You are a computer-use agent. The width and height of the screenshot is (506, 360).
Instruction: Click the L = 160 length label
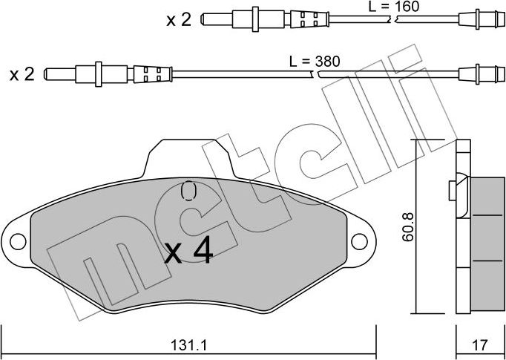click(394, 7)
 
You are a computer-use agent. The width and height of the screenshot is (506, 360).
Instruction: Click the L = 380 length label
click(314, 62)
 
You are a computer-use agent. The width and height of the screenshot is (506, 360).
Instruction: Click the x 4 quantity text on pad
click(188, 254)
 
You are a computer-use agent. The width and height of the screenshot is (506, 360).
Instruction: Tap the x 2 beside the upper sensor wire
click(178, 20)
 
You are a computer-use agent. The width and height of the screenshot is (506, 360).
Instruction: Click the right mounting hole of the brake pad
click(360, 240)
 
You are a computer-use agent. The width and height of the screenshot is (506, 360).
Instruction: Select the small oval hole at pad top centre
click(188, 192)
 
